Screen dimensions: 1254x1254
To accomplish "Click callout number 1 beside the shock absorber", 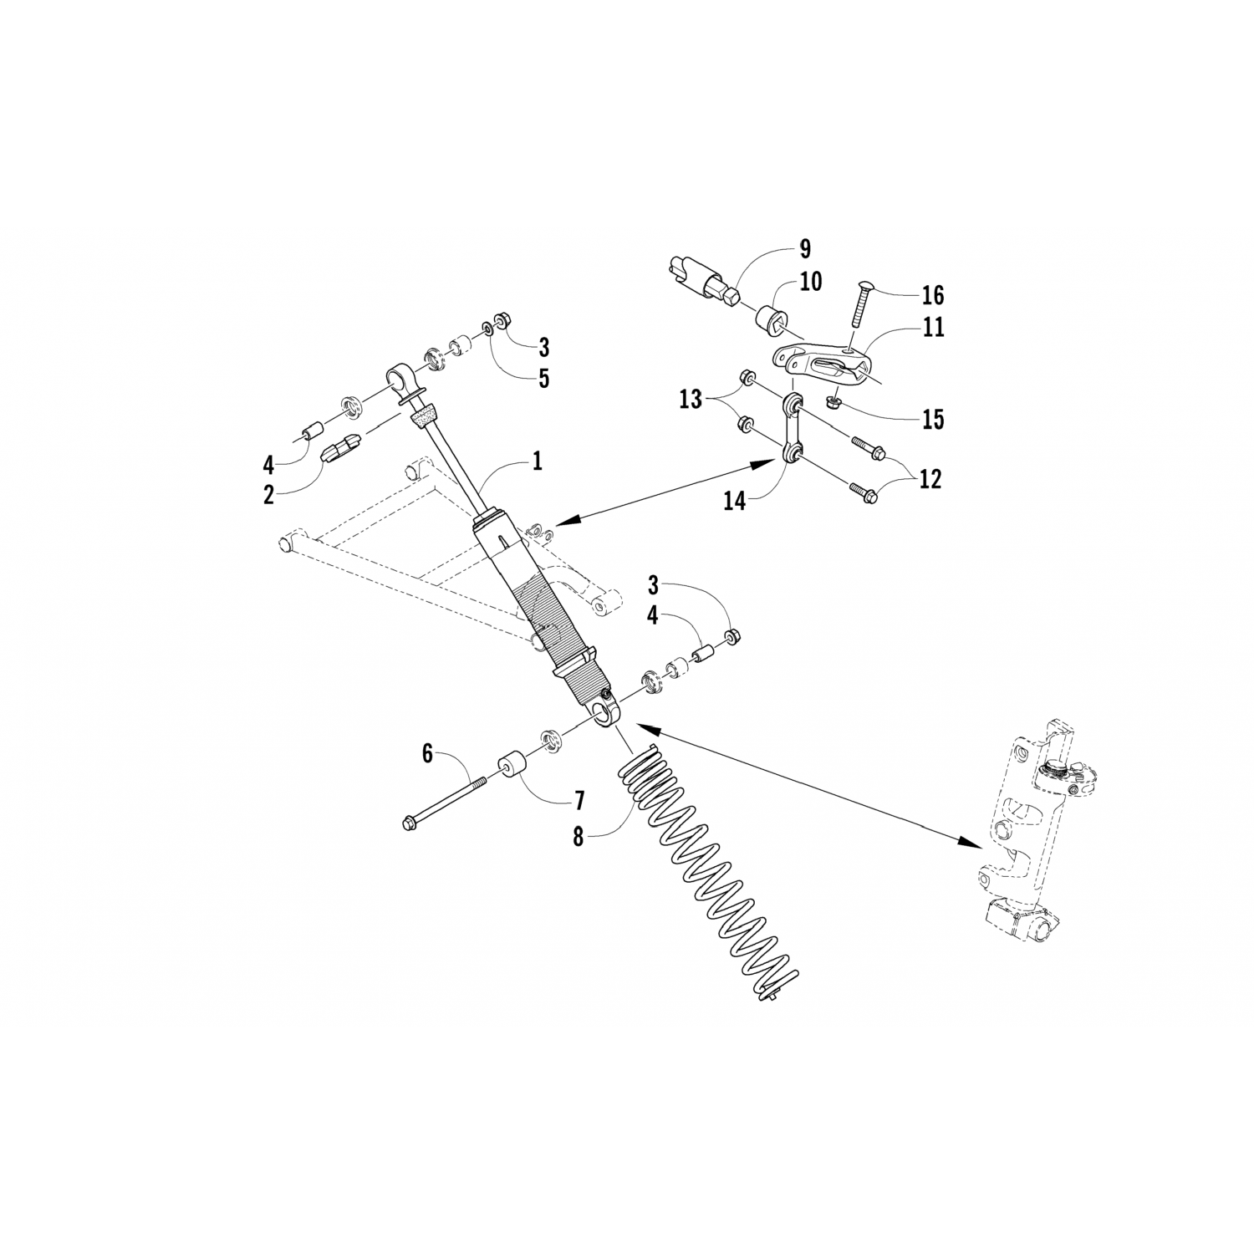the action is click(x=537, y=461).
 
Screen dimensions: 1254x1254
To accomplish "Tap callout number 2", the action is click(x=268, y=494).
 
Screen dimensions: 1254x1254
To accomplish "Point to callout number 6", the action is click(x=427, y=753).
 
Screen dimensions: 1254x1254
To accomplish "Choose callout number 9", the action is click(x=804, y=248).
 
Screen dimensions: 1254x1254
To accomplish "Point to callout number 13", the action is click(x=691, y=400).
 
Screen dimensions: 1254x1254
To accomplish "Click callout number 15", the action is click(x=932, y=419).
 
